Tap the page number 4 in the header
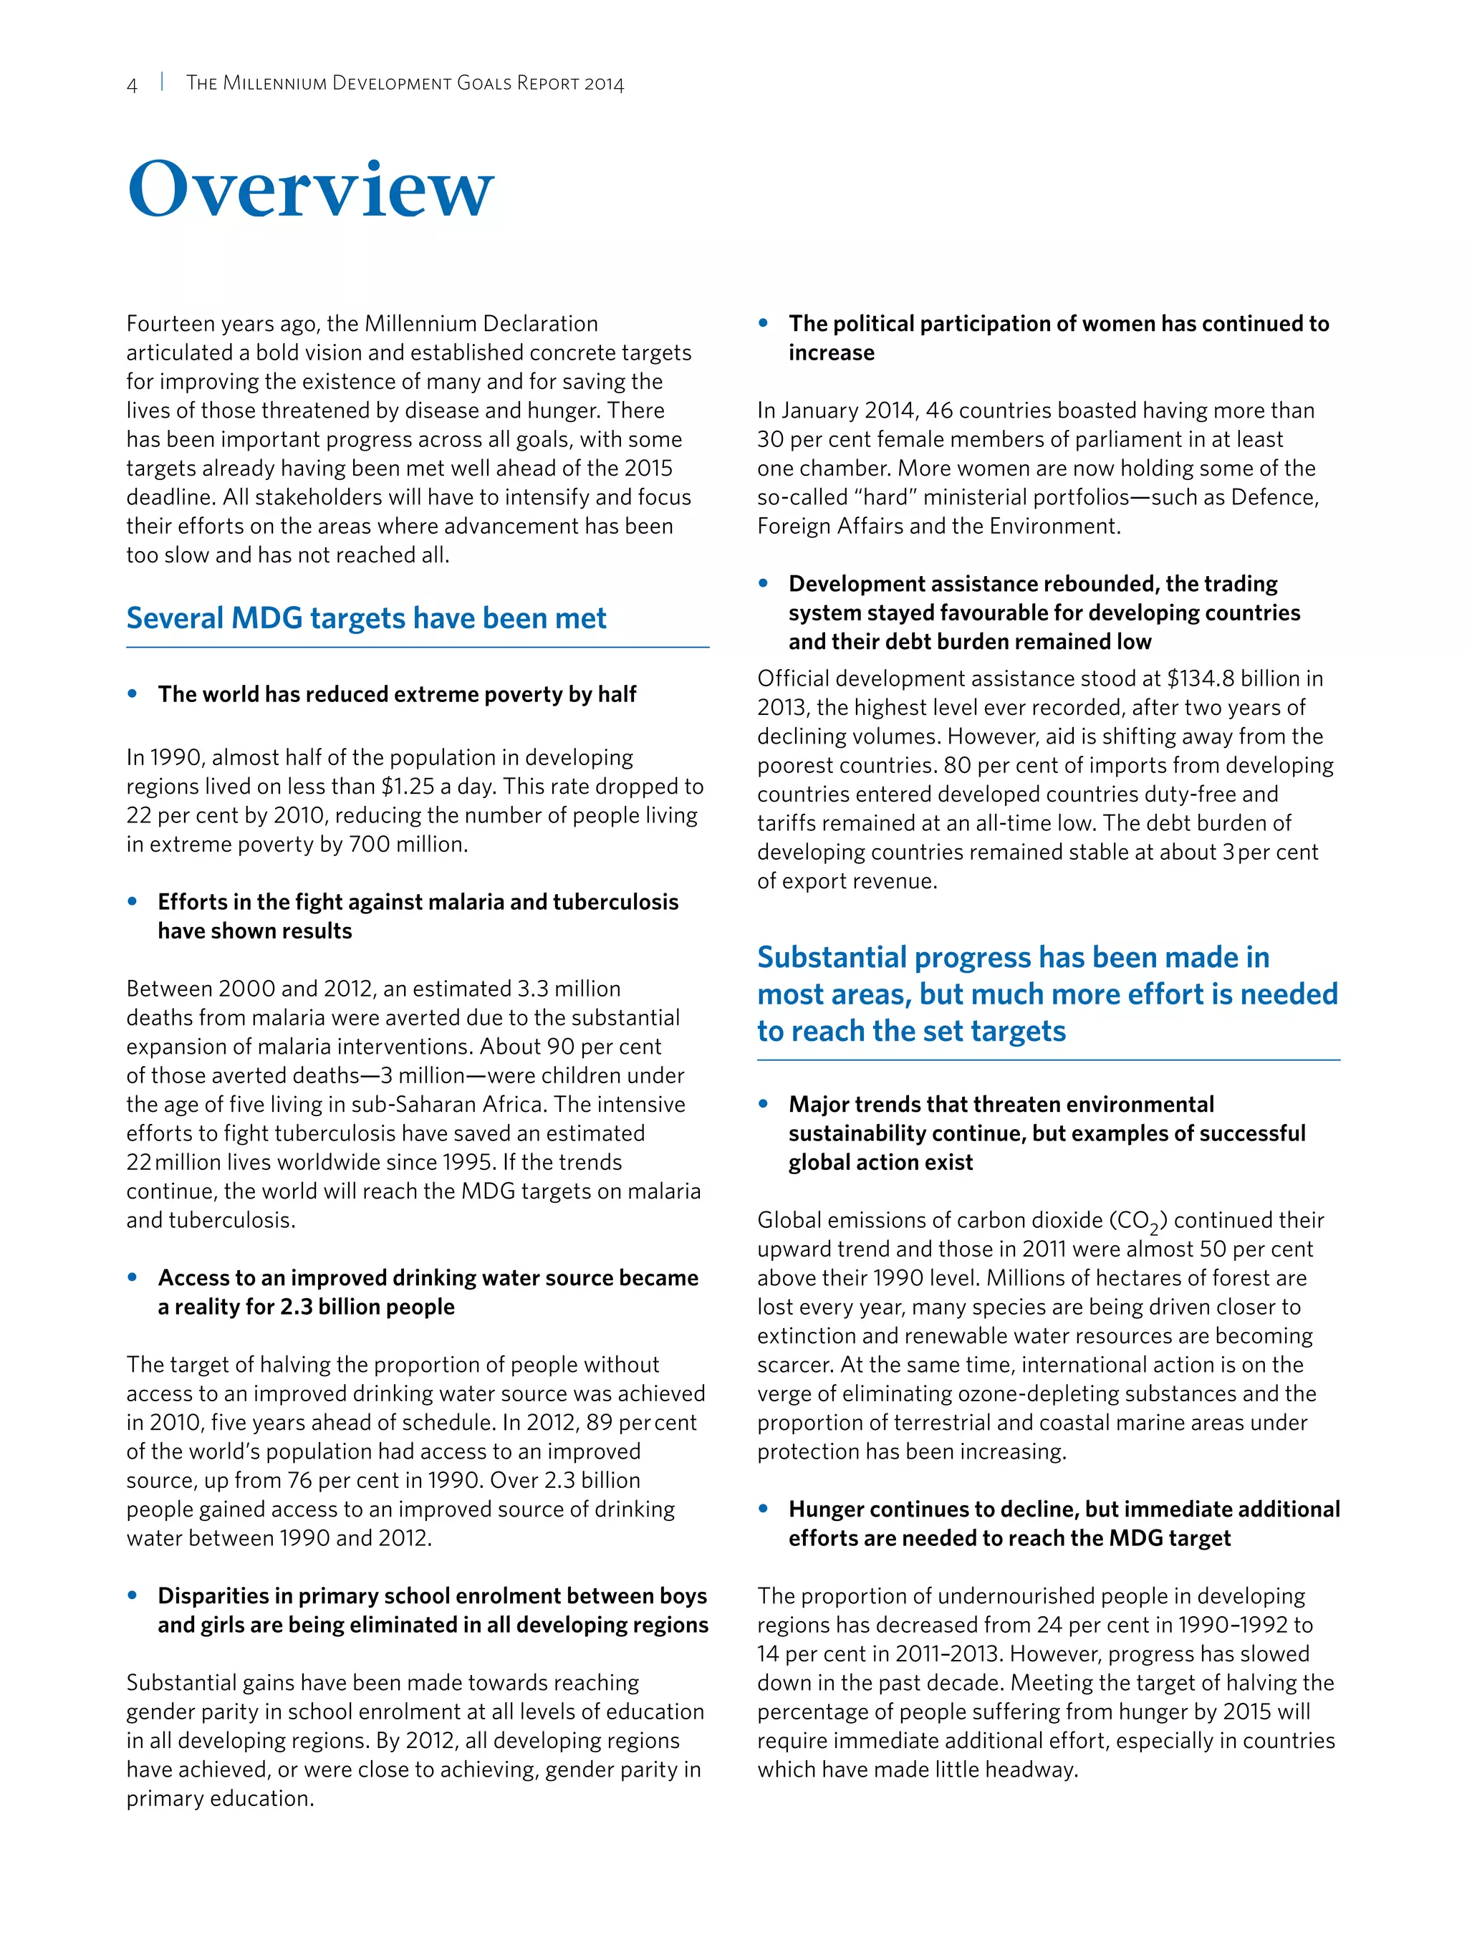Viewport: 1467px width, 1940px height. [x=133, y=85]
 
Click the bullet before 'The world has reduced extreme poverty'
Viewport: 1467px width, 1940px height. [x=133, y=693]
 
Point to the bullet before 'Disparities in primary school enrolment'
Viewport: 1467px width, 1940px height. [x=133, y=1595]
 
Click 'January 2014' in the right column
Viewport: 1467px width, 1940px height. [x=849, y=410]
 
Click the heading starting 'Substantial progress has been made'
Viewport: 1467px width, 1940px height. [x=1047, y=994]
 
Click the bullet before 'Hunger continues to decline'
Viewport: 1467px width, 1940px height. [x=764, y=1509]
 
